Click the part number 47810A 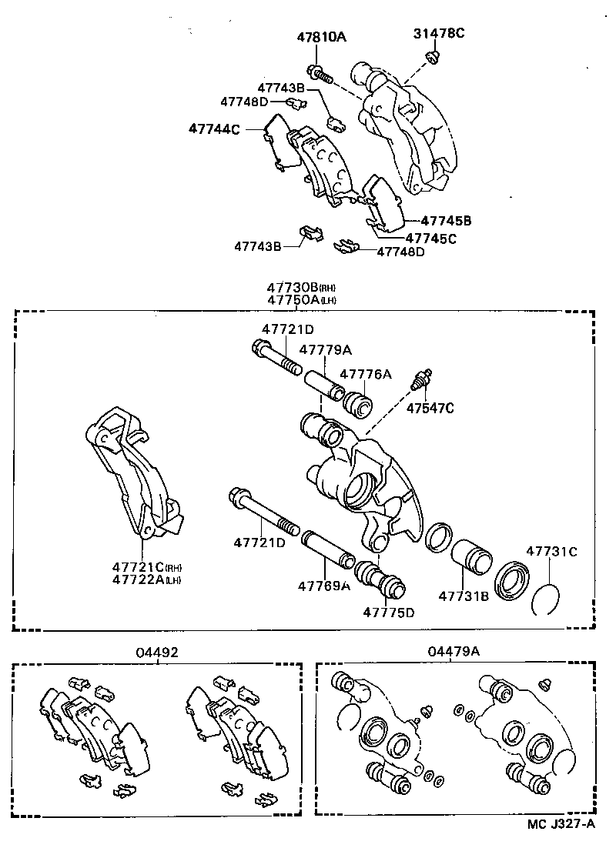322,36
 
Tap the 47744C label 214,129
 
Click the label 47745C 430,238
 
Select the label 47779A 325,349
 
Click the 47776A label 366,374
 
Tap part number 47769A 324,586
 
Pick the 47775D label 389,613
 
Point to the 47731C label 551,551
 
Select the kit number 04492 157,652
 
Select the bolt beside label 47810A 320,73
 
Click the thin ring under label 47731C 547,599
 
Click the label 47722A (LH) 146,579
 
